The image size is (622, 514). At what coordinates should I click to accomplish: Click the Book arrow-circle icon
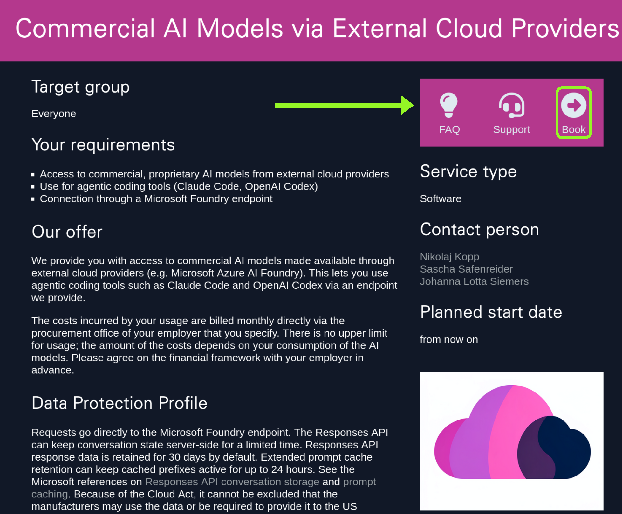(573, 105)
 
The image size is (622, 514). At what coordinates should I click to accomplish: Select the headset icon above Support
(511, 105)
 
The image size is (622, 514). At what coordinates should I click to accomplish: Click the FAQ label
(449, 129)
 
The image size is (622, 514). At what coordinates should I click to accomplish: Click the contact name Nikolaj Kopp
(449, 257)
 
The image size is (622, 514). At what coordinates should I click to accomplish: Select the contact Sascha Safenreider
(466, 269)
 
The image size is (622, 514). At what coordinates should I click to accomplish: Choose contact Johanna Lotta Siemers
(474, 281)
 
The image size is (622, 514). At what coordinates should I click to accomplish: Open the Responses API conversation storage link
(232, 482)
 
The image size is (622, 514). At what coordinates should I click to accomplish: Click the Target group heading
(80, 87)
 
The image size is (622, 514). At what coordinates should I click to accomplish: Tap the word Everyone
(54, 114)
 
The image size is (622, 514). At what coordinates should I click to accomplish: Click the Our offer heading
(67, 232)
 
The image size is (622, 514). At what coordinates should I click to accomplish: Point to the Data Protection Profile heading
(120, 403)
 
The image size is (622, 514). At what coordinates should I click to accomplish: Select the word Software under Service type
(441, 198)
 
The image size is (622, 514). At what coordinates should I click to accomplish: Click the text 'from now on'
(449, 339)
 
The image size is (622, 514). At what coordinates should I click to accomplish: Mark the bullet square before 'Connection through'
(33, 199)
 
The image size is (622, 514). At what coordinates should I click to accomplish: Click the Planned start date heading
(491, 312)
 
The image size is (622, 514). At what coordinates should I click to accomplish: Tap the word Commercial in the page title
(85, 28)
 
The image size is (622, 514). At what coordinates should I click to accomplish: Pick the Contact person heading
(479, 229)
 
